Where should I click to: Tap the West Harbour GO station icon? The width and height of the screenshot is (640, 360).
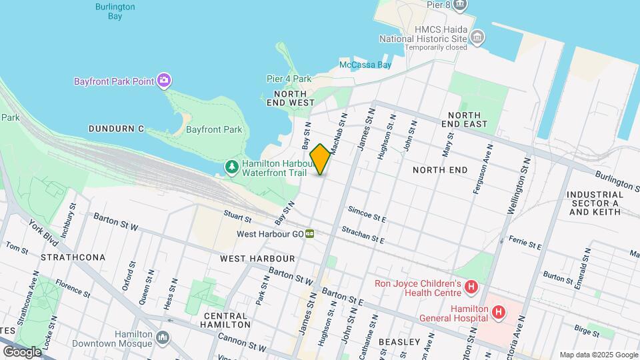[x=310, y=234]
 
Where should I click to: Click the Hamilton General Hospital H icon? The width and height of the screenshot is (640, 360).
[x=497, y=312]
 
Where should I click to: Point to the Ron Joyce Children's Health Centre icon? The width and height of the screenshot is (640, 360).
[x=471, y=287]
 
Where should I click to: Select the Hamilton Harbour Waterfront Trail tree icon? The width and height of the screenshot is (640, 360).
[x=231, y=166]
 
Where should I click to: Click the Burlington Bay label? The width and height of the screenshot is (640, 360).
[x=115, y=11]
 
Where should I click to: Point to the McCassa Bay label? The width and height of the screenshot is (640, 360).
[x=365, y=65]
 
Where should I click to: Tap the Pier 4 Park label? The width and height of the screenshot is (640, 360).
[x=289, y=79]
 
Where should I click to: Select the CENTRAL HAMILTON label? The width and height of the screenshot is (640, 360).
[x=227, y=320]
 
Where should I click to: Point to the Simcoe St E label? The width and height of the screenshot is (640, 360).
[x=367, y=214]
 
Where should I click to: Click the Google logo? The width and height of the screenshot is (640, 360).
[x=22, y=351]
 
